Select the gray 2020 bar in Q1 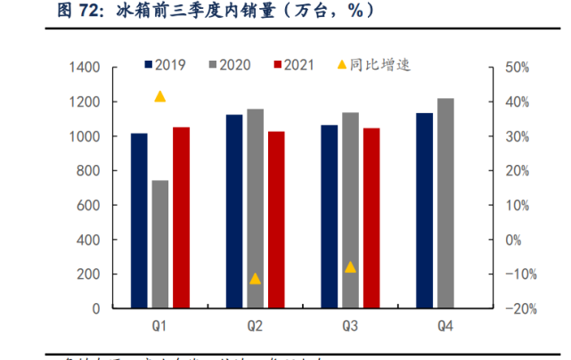(x=160, y=244)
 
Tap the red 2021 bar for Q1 (x=181, y=217)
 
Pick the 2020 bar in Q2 (x=256, y=209)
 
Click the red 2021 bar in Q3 (x=371, y=218)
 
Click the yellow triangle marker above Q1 (x=160, y=96)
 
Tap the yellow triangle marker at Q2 (x=256, y=279)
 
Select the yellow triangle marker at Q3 (x=350, y=267)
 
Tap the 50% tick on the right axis (x=518, y=68)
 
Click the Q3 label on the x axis (x=350, y=327)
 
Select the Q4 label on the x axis (x=445, y=327)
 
